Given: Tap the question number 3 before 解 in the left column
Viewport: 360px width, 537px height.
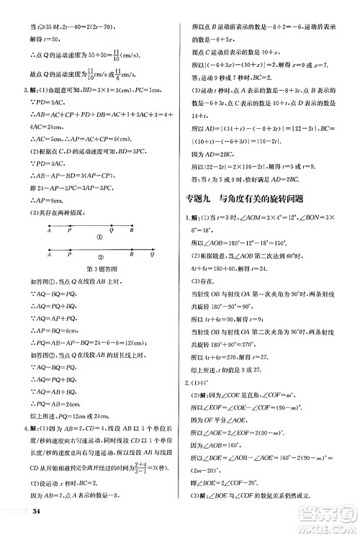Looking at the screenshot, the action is point(26,90).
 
